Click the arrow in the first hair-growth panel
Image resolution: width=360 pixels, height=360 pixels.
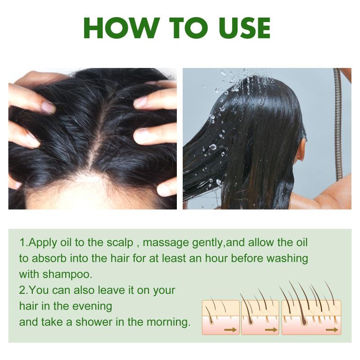pyautogui.click(x=230, y=330)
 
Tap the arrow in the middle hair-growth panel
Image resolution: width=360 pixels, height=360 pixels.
pyautogui.click(x=271, y=330)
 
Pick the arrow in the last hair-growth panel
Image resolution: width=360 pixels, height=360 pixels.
pyautogui.click(x=332, y=330)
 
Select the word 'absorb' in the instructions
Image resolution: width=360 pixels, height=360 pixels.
pyautogui.click(x=49, y=258)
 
